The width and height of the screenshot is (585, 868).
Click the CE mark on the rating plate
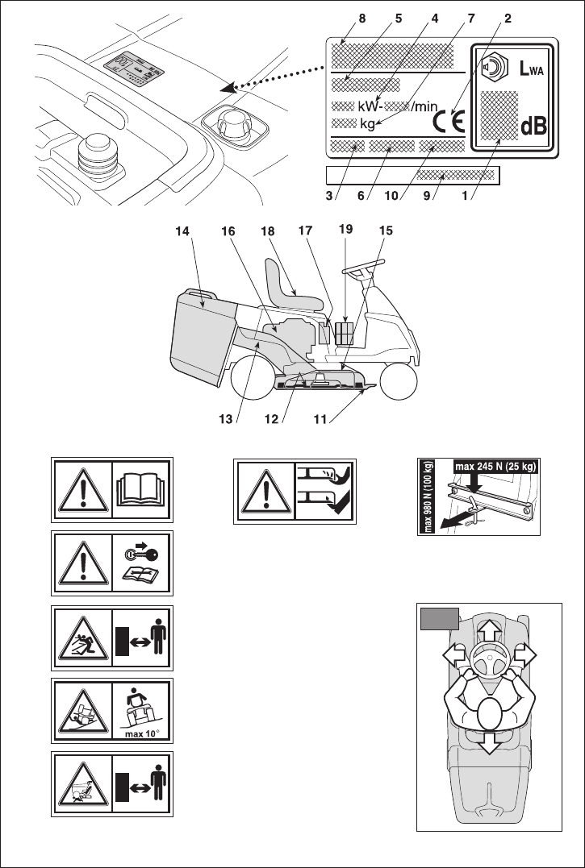pyautogui.click(x=449, y=122)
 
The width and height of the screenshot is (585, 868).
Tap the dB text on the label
pyautogui.click(x=534, y=127)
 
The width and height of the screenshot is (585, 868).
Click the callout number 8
pyautogui.click(x=362, y=19)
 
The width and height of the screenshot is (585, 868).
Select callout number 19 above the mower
pyautogui.click(x=345, y=229)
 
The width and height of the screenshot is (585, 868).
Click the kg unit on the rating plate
pyautogui.click(x=367, y=124)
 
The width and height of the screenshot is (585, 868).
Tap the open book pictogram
pyautogui.click(x=142, y=489)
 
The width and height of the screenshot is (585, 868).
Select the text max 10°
pyautogui.click(x=142, y=735)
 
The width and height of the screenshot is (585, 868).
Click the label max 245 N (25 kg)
pyautogui.click(x=495, y=467)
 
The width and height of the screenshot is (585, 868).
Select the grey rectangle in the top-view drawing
pyautogui.click(x=439, y=618)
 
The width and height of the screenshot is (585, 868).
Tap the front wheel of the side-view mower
pyautogui.click(x=399, y=380)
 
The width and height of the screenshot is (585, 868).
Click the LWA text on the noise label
pyautogui.click(x=531, y=69)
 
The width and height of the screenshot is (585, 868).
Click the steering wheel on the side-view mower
pyautogui.click(x=362, y=269)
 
